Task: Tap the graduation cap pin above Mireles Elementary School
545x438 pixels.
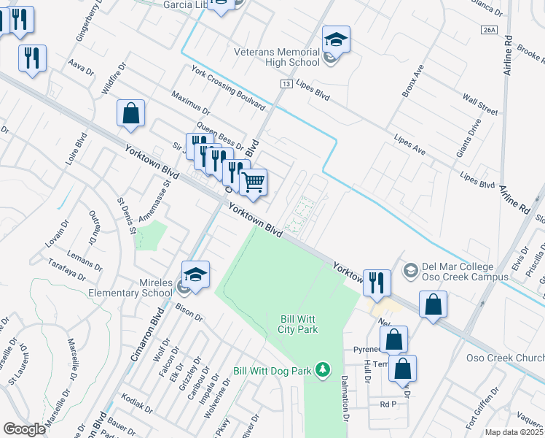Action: (x=195, y=274)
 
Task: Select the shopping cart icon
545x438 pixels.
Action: (x=253, y=182)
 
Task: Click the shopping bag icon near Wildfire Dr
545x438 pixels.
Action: (x=130, y=114)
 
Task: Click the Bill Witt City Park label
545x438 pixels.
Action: (x=299, y=324)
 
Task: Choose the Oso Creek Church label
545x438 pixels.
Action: (x=505, y=358)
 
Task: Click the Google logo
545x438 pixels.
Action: (x=24, y=429)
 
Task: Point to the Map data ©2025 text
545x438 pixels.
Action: (x=514, y=432)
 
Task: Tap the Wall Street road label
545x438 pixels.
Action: (x=479, y=105)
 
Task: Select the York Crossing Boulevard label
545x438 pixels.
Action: (x=228, y=87)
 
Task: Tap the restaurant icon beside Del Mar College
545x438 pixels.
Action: (x=376, y=282)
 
